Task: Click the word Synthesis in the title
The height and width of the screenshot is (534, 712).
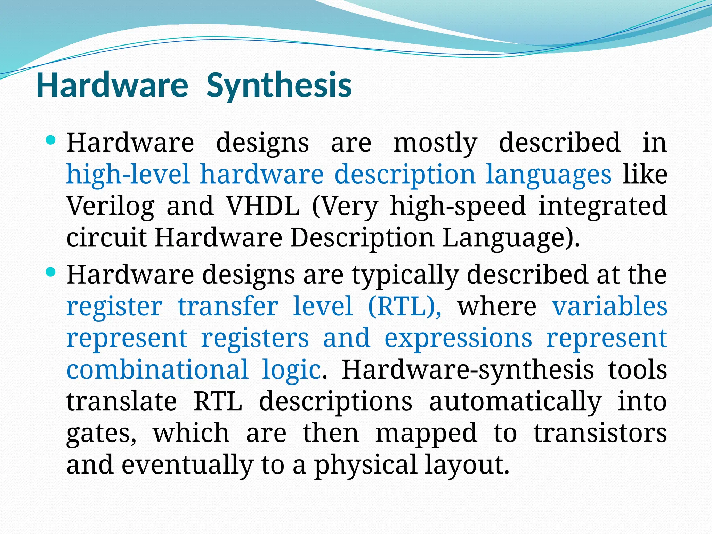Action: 279,86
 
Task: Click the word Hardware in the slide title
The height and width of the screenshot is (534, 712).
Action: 112,86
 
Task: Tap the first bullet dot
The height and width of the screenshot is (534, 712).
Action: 51,141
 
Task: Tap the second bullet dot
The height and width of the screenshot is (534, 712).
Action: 51,273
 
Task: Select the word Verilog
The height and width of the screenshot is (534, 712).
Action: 111,207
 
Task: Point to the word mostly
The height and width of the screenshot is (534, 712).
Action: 435,143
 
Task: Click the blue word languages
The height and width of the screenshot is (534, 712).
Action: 549,175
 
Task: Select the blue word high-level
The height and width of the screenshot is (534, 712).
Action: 128,174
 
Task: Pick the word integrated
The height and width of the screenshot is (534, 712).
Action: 602,207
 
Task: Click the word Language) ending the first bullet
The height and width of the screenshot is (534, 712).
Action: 511,238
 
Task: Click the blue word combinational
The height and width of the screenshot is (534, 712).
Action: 157,369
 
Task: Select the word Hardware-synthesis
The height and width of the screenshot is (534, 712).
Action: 468,370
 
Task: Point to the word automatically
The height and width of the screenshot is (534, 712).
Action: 515,402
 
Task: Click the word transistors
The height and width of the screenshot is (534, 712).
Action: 600,433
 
